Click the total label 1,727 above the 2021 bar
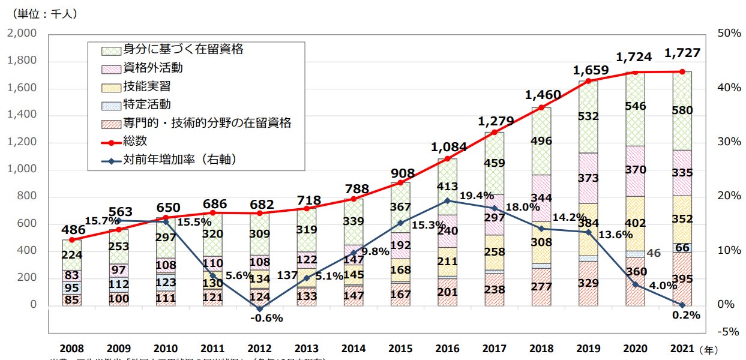click(x=682, y=54)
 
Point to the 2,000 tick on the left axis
click(x=21, y=34)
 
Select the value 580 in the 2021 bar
click(x=682, y=110)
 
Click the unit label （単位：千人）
click(x=44, y=12)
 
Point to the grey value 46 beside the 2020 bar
click(x=654, y=253)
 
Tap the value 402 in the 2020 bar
click(x=635, y=223)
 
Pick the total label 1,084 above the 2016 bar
click(x=447, y=146)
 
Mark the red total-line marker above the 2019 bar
click(x=588, y=81)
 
